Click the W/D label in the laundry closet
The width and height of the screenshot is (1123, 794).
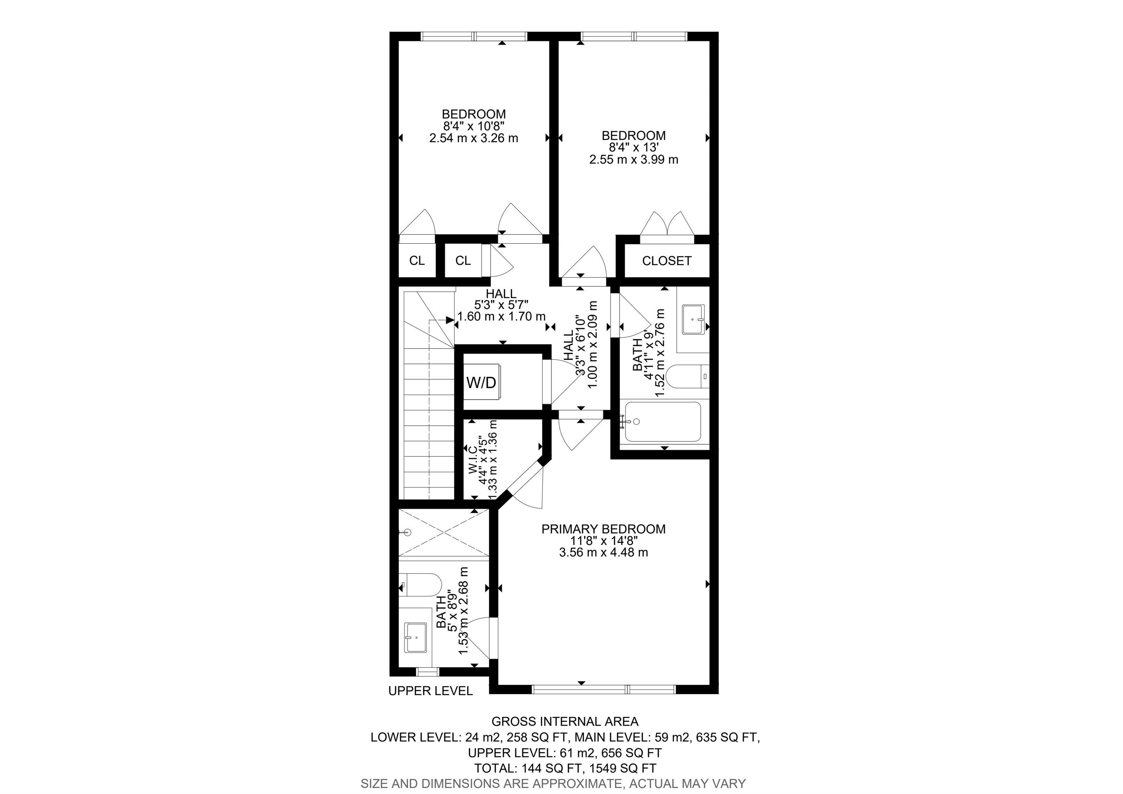coord(481,383)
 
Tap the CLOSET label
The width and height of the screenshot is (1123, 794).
coord(667,261)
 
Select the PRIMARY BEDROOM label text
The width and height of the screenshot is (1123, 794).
coord(604,529)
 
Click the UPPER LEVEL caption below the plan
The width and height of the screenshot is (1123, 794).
coord(430,691)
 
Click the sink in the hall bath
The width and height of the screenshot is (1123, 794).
coord(693,319)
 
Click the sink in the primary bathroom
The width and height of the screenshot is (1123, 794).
coord(416,638)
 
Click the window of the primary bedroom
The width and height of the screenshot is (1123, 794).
coord(604,690)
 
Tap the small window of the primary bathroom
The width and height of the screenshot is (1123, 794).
coord(427,672)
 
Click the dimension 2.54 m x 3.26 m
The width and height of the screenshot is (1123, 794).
coord(473,138)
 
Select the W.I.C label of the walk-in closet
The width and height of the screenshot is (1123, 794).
coord(472,460)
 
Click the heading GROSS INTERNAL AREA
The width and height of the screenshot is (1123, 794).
coord(565,722)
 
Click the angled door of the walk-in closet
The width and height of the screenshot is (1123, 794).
coord(525,486)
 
